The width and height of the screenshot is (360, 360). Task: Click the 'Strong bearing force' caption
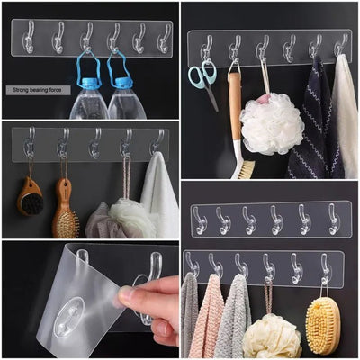point(34,90)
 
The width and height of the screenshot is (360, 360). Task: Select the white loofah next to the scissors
point(271,124)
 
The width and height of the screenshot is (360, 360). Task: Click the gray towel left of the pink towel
point(188,315)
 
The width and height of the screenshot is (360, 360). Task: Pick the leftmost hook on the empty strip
point(198,220)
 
